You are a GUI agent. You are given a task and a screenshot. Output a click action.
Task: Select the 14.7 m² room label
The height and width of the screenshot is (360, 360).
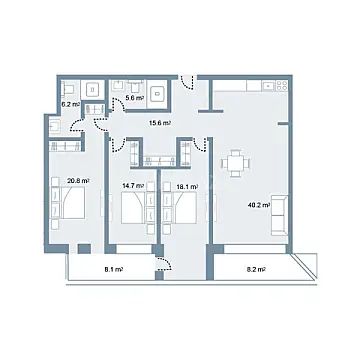(134, 186)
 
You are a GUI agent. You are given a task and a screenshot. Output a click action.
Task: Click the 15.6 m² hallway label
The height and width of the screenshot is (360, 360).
(159, 123)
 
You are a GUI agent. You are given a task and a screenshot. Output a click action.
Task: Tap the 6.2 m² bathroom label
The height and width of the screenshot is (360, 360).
(71, 102)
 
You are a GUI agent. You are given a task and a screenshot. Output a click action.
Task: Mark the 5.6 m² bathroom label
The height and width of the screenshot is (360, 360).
(133, 98)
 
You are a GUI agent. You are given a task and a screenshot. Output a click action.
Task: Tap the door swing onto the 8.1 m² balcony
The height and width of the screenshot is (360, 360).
(165, 261)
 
